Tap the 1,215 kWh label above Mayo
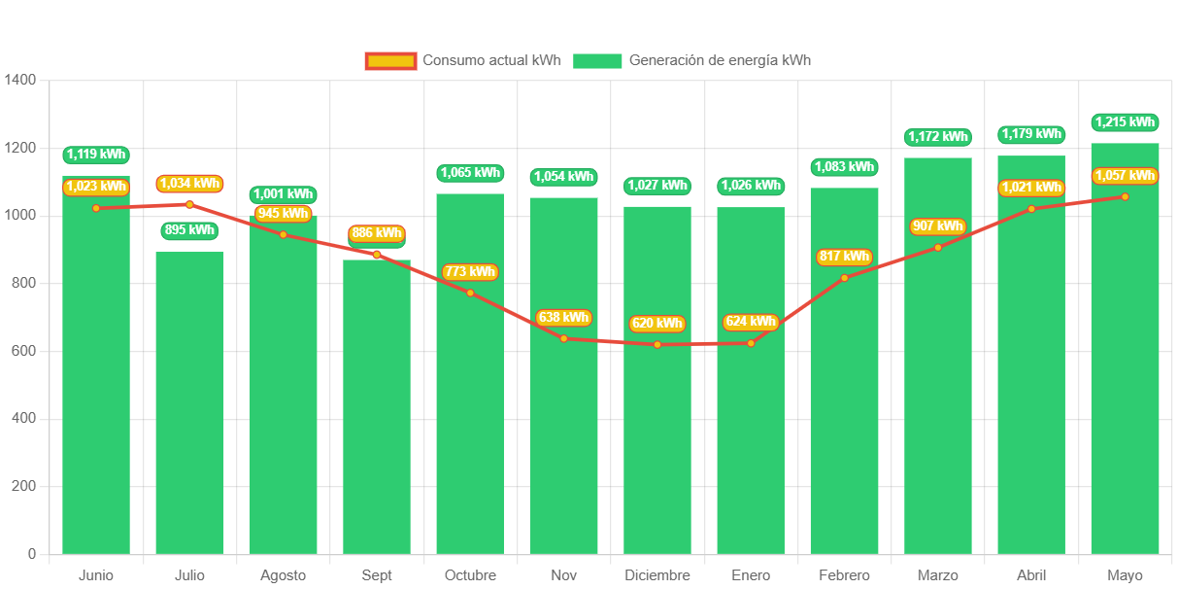tap(1125, 122)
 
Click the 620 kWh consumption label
tap(657, 324)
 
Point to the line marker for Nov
tap(564, 338)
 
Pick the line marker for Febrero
tap(844, 278)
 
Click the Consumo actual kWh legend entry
tap(463, 60)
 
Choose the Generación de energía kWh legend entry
tap(691, 60)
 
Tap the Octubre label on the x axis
tap(470, 575)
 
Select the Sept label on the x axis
tap(377, 575)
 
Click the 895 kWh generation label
tap(189, 230)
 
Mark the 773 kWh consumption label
tap(470, 272)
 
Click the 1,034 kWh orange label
tap(189, 183)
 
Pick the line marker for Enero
tap(751, 343)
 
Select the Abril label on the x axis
tap(1031, 575)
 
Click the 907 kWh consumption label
tap(937, 226)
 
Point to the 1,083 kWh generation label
tap(844, 167)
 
